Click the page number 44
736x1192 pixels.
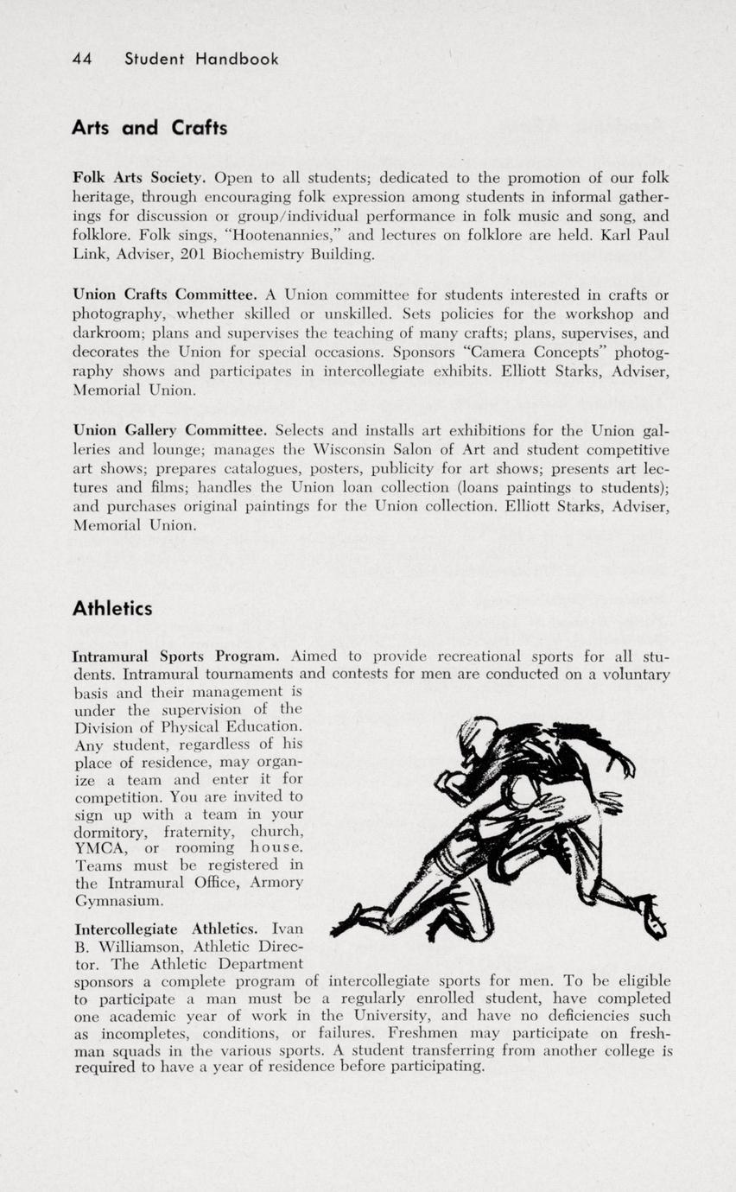[x=82, y=59]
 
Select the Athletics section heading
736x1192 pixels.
[x=112, y=609]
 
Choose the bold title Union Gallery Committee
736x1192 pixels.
[x=169, y=429]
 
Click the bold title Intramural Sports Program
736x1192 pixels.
[x=176, y=656]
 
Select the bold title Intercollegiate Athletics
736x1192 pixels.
[x=166, y=929]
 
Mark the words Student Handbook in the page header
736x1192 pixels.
[x=201, y=59]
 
